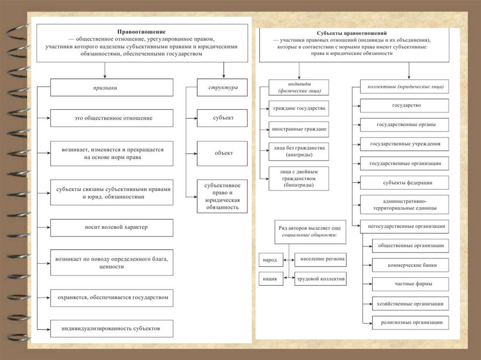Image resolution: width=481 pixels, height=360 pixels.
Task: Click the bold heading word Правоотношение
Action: [x=141, y=31]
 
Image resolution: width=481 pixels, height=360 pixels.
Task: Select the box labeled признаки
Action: [x=111, y=87]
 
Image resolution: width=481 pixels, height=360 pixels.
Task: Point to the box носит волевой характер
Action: [x=111, y=227]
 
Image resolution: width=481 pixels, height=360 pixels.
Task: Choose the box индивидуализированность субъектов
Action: [x=111, y=328]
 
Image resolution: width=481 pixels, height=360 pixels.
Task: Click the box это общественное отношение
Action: [x=111, y=118]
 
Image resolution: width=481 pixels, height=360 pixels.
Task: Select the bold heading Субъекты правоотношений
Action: [x=352, y=34]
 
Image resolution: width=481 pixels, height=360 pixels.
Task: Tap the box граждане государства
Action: [x=299, y=108]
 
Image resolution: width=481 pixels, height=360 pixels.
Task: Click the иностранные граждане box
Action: [x=299, y=128]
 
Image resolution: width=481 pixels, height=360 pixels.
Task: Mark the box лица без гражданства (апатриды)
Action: [x=299, y=151]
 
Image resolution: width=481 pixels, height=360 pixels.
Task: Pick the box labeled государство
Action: [x=404, y=105]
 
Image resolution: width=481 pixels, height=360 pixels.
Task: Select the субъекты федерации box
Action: [x=404, y=183]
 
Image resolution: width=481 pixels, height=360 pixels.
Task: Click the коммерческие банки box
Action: [x=407, y=265]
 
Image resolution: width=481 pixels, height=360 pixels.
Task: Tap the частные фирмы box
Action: [x=407, y=284]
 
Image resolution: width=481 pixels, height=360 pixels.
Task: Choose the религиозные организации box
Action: [x=407, y=322]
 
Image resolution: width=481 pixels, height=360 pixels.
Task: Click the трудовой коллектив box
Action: [x=320, y=279]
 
